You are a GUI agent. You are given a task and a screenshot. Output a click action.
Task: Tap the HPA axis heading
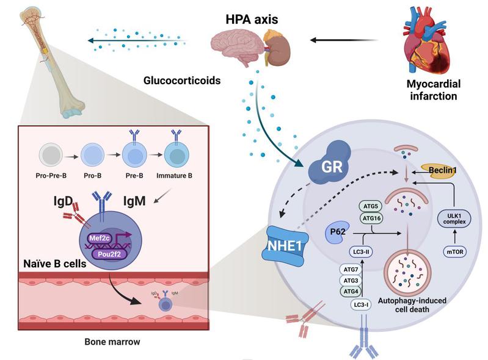click(253, 20)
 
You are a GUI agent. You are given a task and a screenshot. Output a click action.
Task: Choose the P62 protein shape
click(334, 235)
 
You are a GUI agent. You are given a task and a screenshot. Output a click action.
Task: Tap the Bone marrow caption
click(113, 341)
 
